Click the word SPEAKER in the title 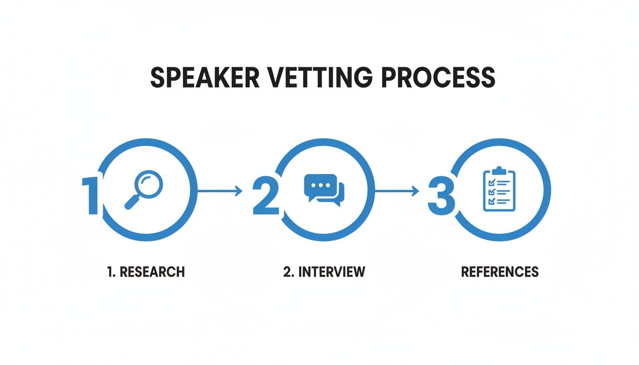pyautogui.click(x=204, y=77)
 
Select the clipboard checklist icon pyautogui.click(x=499, y=189)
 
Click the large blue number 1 pyautogui.click(x=91, y=196)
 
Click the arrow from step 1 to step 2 pyautogui.click(x=219, y=191)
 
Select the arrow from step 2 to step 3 pyautogui.click(x=397, y=191)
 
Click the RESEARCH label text pyautogui.click(x=152, y=272)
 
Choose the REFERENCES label pyautogui.click(x=500, y=272)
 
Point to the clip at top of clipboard pyautogui.click(x=499, y=170)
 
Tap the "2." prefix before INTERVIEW pyautogui.click(x=288, y=272)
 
